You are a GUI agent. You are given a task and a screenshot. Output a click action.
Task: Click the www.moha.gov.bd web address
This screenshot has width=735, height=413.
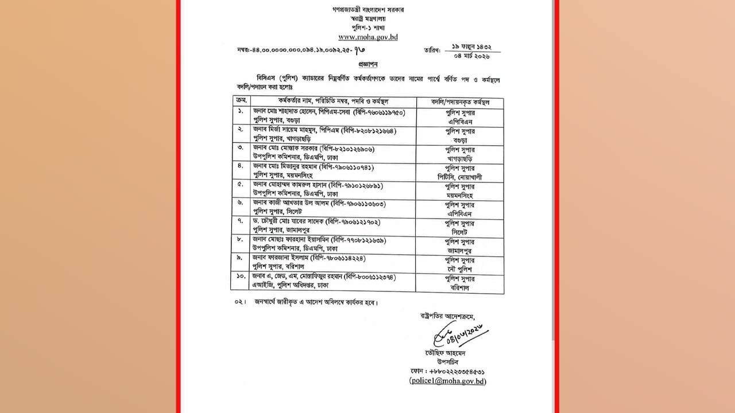pyautogui.click(x=367, y=37)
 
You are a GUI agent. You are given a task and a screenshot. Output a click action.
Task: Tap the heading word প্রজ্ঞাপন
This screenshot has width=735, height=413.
pyautogui.click(x=367, y=64)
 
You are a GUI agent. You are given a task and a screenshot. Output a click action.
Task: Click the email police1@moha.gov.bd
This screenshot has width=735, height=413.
pyautogui.click(x=448, y=381)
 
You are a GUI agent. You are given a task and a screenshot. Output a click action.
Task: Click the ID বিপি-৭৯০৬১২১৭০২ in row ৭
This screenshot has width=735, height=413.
pyautogui.click(x=353, y=221)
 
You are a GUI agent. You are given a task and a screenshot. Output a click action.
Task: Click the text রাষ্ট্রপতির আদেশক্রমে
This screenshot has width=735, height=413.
pyautogui.click(x=448, y=316)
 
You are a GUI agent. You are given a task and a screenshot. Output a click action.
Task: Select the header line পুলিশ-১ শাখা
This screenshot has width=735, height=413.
pyautogui.click(x=367, y=27)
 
